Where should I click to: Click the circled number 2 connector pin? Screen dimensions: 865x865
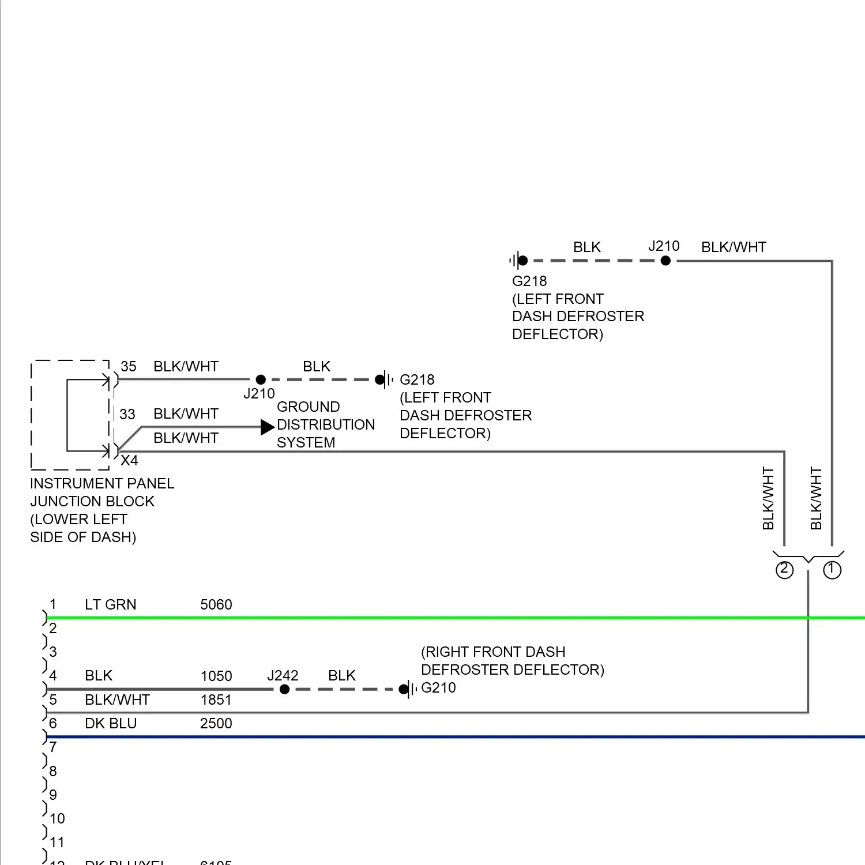[x=784, y=570]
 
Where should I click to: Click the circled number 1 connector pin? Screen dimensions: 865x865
[x=832, y=570]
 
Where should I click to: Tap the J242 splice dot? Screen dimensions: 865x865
[x=284, y=689]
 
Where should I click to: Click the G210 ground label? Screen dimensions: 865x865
[x=438, y=687]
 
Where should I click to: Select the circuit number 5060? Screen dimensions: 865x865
[x=216, y=604]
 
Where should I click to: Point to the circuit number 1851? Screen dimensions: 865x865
[x=216, y=699]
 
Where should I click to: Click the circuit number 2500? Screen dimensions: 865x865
[x=216, y=723]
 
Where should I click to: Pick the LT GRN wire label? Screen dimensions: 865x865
[x=110, y=604]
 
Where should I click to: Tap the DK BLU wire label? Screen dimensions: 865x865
[x=110, y=723]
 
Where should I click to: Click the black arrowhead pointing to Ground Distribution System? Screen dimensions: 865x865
[x=267, y=427]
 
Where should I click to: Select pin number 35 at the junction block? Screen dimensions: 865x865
[x=128, y=366]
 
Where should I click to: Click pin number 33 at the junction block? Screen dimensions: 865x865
[x=127, y=414]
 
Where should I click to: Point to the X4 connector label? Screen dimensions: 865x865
[x=129, y=460]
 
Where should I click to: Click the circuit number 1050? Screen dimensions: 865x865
[x=216, y=676]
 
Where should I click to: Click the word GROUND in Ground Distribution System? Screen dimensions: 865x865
[x=308, y=407]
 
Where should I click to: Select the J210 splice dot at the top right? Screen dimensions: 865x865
[x=665, y=261]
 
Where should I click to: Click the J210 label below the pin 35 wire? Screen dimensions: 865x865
[x=259, y=393]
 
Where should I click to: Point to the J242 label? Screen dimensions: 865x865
[x=283, y=675]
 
